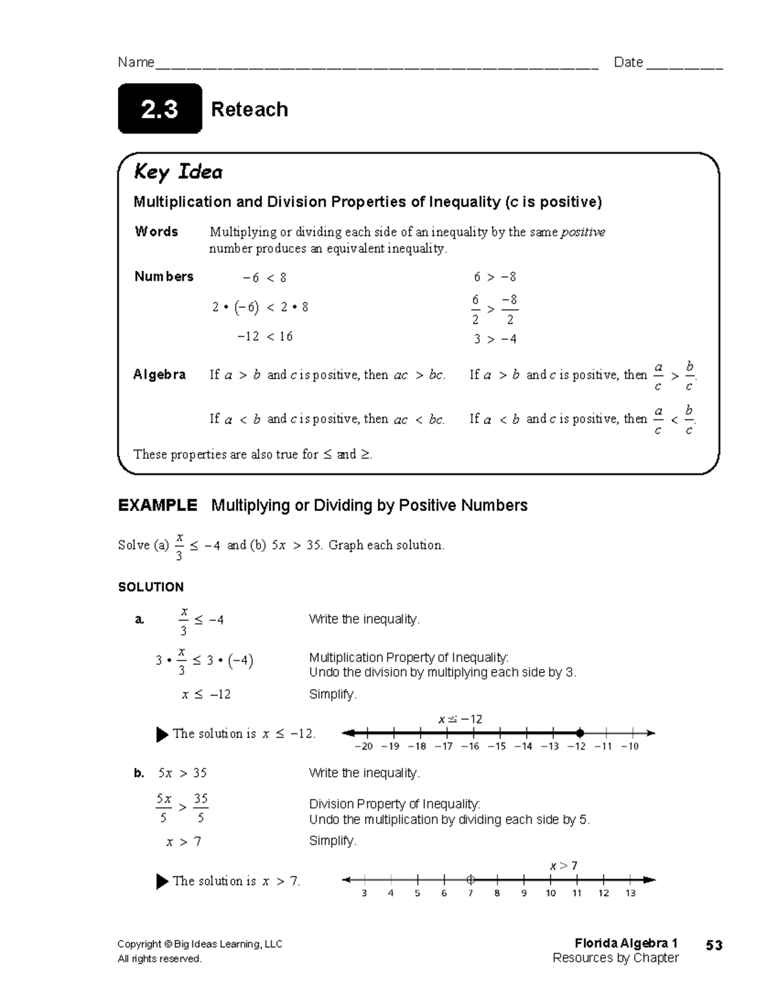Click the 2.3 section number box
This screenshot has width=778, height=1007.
pyautogui.click(x=159, y=109)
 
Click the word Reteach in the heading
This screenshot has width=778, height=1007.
pyautogui.click(x=250, y=110)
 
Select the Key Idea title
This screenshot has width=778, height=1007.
pyautogui.click(x=178, y=172)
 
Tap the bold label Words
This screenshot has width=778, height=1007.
pyautogui.click(x=156, y=231)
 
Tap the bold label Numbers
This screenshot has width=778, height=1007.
pyautogui.click(x=163, y=276)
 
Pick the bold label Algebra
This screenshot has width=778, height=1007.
pyautogui.click(x=159, y=374)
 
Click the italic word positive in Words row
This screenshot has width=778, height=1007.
pyautogui.click(x=583, y=232)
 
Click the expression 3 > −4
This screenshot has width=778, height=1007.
pyautogui.click(x=495, y=338)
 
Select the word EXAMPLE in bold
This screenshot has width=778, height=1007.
pyautogui.click(x=158, y=505)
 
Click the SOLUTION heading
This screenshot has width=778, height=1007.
pyautogui.click(x=150, y=587)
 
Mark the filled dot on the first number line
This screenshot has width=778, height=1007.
pyautogui.click(x=579, y=733)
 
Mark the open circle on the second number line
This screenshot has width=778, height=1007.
pyautogui.click(x=471, y=880)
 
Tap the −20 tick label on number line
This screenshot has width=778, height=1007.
pyautogui.click(x=364, y=746)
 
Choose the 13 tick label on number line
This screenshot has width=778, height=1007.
pyautogui.click(x=630, y=893)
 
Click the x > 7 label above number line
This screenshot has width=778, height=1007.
pyautogui.click(x=563, y=866)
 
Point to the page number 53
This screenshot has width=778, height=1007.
pyautogui.click(x=714, y=945)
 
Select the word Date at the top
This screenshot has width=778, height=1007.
pyautogui.click(x=628, y=62)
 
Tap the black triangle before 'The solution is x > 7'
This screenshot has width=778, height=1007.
pyautogui.click(x=162, y=881)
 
